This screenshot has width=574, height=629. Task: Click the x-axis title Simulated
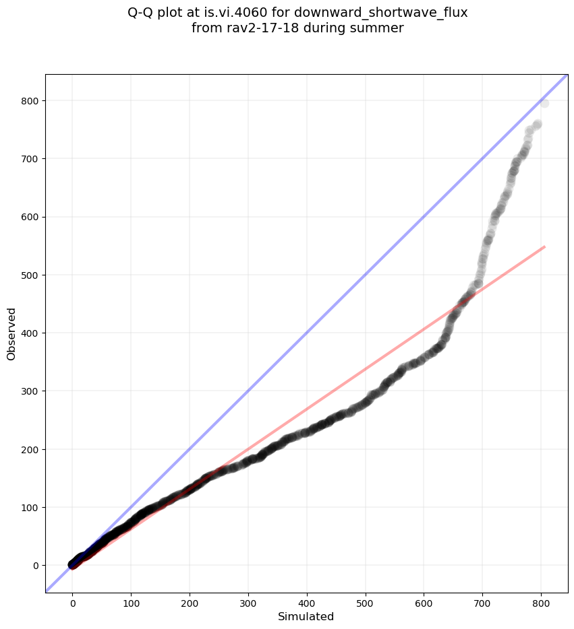tap(306, 616)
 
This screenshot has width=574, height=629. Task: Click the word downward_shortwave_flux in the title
tap(380, 12)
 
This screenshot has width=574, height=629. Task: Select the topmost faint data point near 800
tap(544, 103)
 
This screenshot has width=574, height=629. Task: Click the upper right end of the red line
tap(544, 247)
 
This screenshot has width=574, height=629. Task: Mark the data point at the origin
tap(73, 564)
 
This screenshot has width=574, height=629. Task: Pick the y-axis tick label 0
tap(36, 565)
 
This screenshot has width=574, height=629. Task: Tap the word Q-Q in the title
tap(142, 12)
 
